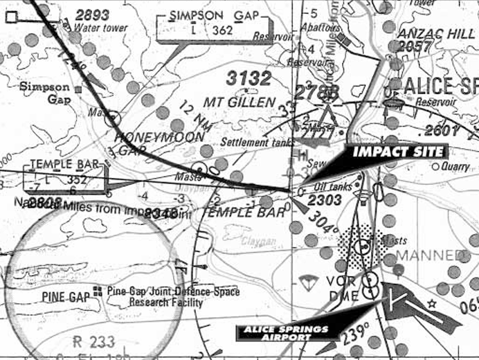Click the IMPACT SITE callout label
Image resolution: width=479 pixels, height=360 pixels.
399,152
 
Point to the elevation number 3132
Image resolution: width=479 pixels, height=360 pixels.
248,79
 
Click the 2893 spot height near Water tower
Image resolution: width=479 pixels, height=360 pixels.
93,15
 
